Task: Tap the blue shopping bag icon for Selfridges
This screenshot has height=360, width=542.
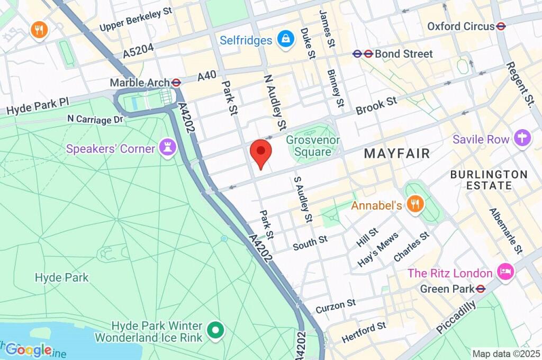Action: [286, 40]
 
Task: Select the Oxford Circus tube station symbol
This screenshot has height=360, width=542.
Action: [501, 26]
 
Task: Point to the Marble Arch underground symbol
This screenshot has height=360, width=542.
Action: [177, 83]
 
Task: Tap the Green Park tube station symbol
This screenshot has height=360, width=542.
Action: [481, 289]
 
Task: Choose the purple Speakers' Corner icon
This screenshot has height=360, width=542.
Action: [168, 148]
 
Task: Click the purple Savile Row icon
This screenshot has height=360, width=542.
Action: [521, 139]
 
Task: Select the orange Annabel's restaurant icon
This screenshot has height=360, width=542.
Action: [415, 205]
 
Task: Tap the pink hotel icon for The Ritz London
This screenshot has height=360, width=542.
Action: [504, 273]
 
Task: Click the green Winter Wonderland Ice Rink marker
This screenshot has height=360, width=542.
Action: [215, 331]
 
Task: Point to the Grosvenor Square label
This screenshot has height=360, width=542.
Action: [313, 146]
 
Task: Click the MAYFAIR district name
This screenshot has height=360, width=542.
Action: [397, 154]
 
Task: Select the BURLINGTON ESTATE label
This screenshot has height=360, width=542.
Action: [489, 180]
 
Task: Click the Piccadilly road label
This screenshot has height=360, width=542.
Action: [456, 316]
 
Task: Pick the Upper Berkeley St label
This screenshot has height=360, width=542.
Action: [136, 19]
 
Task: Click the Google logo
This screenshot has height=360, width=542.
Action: [29, 349]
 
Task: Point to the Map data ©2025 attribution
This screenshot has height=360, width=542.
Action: [506, 354]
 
